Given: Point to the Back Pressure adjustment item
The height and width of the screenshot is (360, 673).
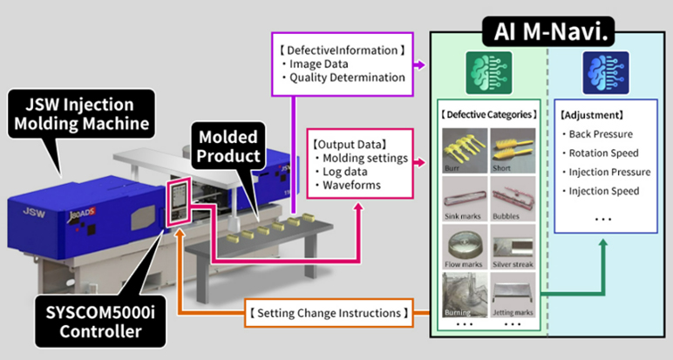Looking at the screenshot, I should point(602,134).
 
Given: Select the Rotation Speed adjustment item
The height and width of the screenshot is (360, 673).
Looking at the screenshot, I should point(603,153).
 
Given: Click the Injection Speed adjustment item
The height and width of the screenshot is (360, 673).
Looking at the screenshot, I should point(604,191).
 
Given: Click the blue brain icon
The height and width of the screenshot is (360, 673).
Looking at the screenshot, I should point(599,70).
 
